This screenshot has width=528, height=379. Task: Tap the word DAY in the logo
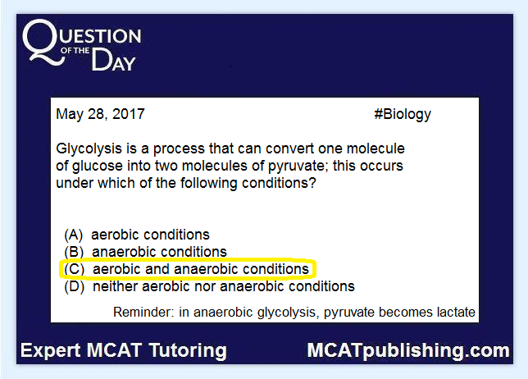pos(113,60)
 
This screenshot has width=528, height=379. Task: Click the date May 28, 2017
pos(100,114)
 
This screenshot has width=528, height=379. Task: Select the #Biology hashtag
pos(403,115)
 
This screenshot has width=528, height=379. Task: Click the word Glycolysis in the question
pos(89,149)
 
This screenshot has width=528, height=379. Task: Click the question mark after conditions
pos(312,183)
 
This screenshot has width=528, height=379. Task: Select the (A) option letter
pos(74,235)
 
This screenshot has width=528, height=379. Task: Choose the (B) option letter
pos(74,252)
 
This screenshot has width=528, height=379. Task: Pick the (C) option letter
pos(74,269)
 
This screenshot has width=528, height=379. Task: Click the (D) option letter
pos(74,286)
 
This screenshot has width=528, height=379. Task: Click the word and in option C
pos(157,269)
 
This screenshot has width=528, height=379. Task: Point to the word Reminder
pos(143,313)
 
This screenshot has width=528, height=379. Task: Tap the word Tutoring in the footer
pos(188,351)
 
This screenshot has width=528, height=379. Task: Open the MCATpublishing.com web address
pos(408,351)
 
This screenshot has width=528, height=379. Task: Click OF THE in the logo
pos(75,51)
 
